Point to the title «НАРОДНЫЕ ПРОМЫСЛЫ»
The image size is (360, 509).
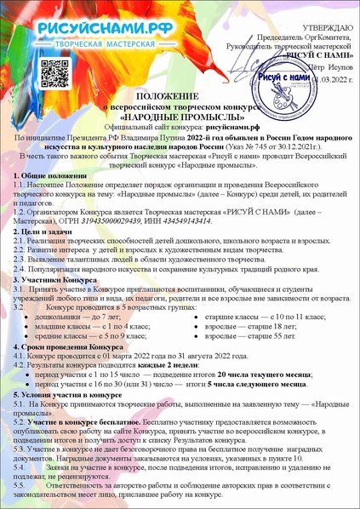click(x=179, y=117)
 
